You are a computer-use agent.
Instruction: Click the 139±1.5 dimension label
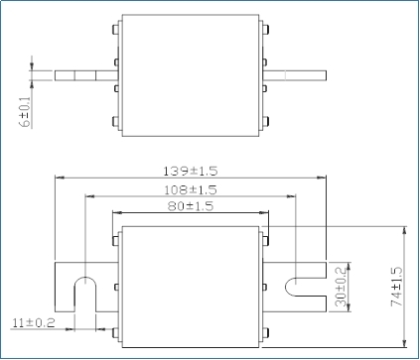[191, 172]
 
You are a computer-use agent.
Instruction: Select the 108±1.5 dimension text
[191, 190]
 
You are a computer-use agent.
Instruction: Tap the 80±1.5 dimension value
[191, 206]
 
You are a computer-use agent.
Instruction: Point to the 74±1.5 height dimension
[397, 287]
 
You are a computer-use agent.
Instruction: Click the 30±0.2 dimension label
[341, 287]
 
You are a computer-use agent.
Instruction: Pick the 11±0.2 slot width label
[34, 322]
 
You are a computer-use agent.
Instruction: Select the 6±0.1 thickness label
[25, 112]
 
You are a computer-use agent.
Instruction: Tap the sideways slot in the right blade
[306, 287]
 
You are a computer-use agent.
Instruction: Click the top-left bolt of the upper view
[116, 29]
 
